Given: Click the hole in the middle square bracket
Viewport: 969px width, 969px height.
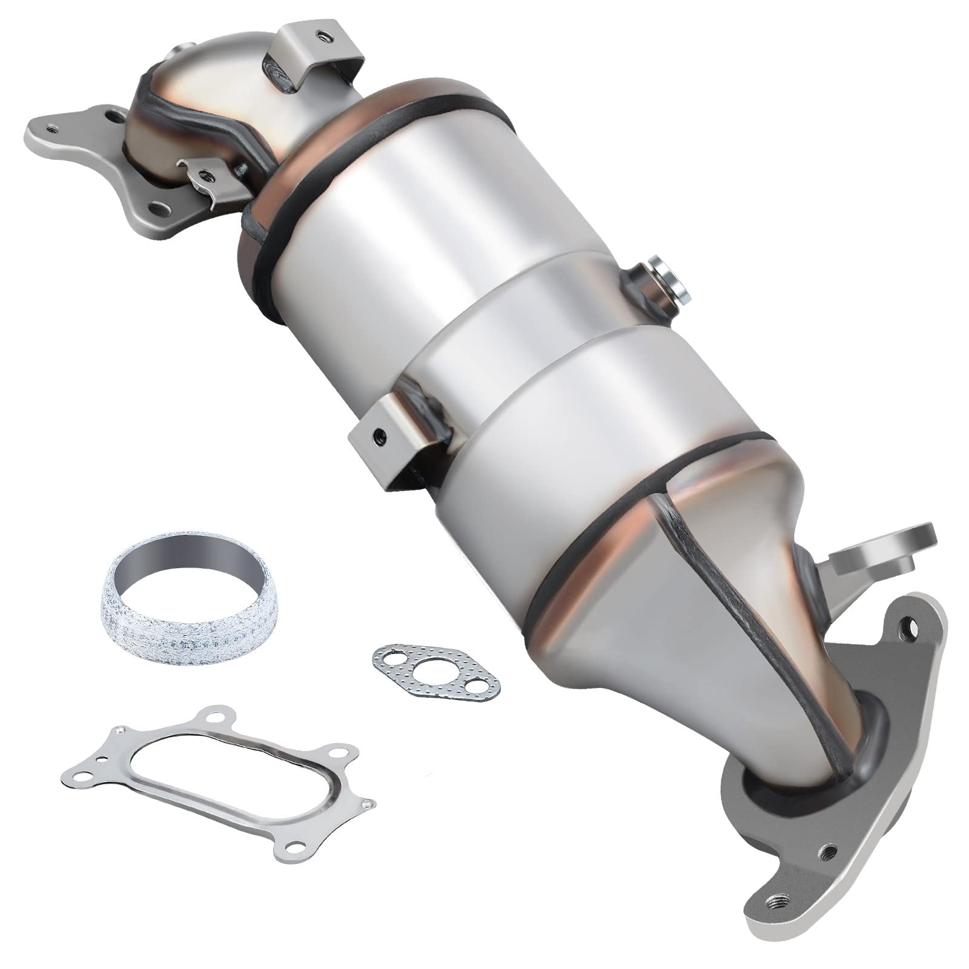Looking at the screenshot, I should [x=378, y=436].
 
